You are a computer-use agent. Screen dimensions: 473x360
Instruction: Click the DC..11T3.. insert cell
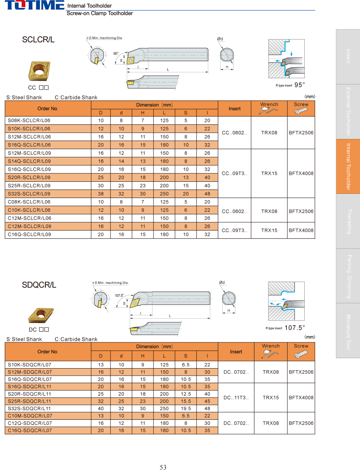(236, 398)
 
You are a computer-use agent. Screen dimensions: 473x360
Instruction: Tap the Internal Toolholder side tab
(348, 166)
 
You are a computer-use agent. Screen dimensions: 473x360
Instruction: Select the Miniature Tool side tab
(348, 331)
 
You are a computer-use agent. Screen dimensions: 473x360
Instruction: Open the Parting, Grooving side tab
(348, 276)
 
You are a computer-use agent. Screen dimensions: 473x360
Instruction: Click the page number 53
(163, 468)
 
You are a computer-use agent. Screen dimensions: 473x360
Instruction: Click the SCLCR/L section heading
(38, 40)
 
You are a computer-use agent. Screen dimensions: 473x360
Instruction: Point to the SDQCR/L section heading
(39, 285)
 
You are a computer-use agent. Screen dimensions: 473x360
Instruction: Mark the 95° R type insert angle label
(299, 85)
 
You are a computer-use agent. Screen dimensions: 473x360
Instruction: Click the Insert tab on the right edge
(348, 56)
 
